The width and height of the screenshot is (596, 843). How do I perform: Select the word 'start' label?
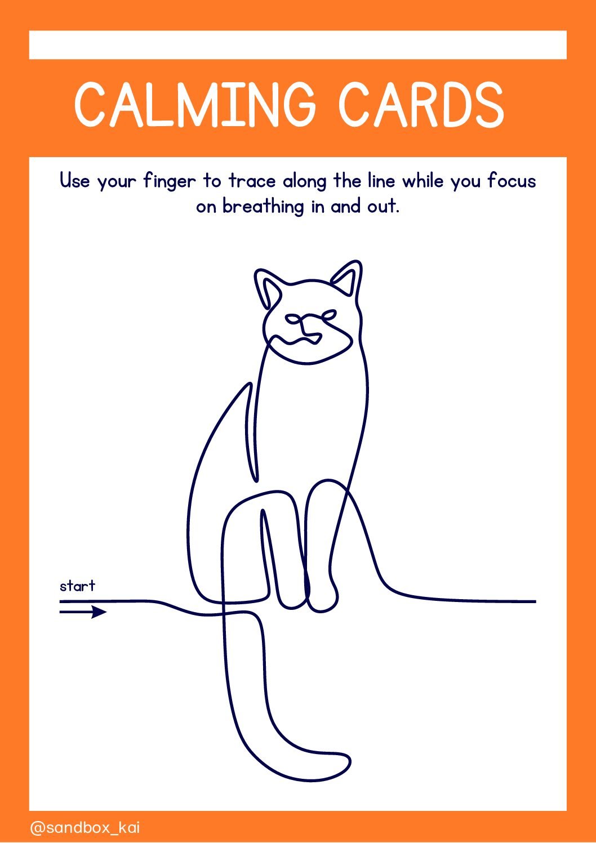(78, 586)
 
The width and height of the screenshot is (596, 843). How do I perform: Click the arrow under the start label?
(83, 612)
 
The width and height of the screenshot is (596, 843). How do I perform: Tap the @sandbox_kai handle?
(84, 828)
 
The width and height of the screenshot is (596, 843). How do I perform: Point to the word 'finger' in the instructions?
(170, 182)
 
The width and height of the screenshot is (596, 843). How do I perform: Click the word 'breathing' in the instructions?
(263, 207)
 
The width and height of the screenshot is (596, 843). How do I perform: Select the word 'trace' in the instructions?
(252, 181)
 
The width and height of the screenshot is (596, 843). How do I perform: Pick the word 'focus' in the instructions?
(512, 181)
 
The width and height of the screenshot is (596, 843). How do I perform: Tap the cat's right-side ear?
(347, 279)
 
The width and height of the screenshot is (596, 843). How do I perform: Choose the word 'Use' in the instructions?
(75, 181)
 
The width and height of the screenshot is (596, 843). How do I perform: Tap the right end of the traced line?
(535, 602)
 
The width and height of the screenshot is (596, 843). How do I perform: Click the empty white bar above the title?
(298, 45)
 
